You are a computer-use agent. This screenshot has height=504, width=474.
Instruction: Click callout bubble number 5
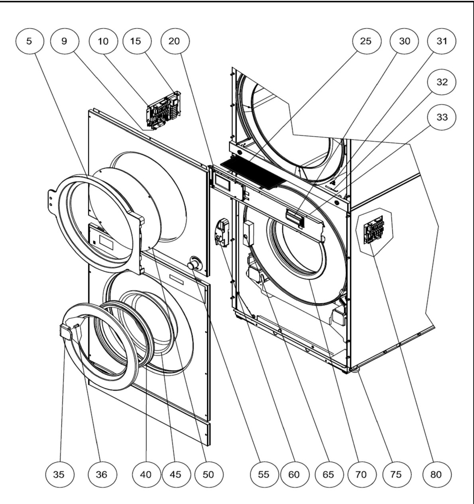point(30,41)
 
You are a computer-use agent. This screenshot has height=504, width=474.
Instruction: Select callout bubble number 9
point(65,41)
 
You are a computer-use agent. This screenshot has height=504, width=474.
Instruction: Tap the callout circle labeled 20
point(175,41)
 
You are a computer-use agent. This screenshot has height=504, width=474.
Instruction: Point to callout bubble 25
point(366,41)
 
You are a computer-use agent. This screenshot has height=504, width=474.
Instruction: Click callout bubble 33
point(442,117)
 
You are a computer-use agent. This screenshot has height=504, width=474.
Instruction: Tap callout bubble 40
point(146,474)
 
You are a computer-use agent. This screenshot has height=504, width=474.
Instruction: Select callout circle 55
point(264,474)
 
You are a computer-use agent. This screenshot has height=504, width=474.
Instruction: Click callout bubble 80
point(437,474)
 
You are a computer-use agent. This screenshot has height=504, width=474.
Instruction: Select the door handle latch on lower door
point(65,332)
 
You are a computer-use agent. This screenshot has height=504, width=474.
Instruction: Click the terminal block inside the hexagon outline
point(374,230)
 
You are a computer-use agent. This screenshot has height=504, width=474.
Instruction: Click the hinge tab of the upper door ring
point(51,200)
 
